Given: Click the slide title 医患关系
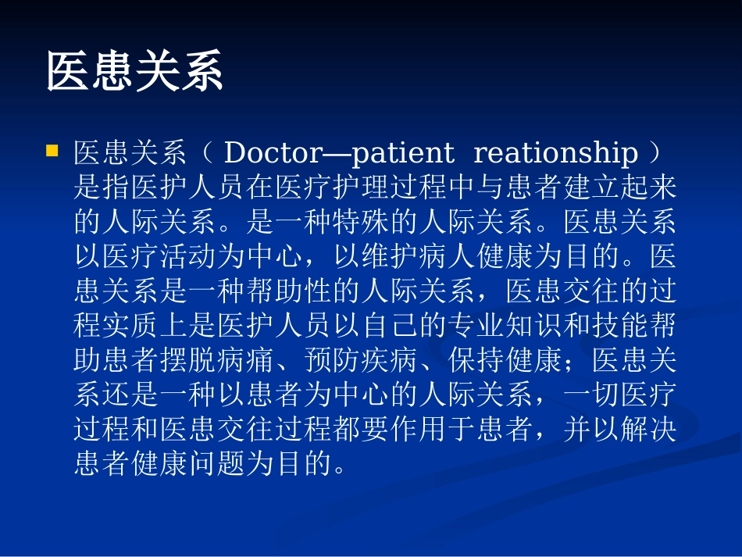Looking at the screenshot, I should click(x=135, y=73).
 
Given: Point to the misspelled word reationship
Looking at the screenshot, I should click(x=555, y=153).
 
